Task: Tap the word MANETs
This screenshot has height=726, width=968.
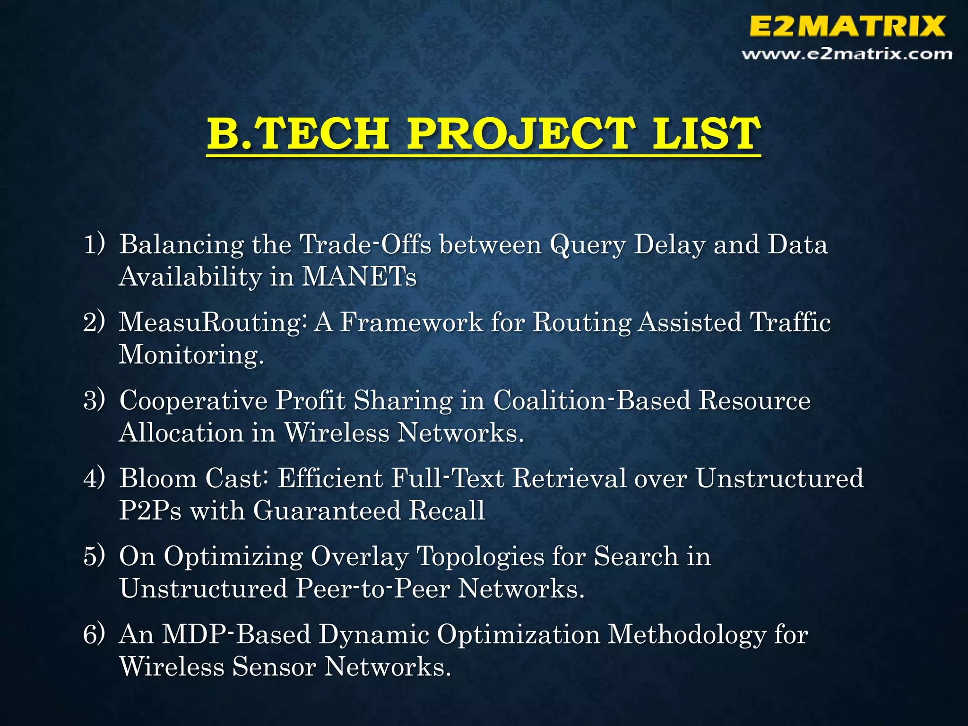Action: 359,277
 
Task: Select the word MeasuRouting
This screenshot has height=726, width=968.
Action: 210,323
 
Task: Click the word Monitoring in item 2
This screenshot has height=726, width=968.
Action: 190,354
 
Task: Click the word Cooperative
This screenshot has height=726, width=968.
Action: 193,400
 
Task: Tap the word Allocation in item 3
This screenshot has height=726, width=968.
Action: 181,432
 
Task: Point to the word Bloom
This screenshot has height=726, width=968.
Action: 157,478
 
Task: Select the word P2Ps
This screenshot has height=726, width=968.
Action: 150,511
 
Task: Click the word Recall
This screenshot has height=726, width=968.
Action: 447,511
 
